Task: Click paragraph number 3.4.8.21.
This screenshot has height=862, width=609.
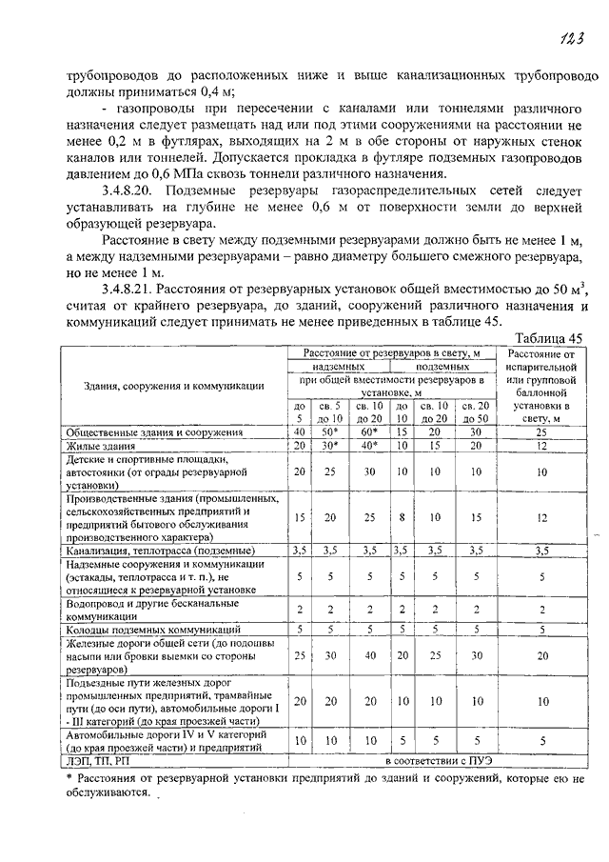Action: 130,288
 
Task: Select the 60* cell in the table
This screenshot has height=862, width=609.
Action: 367,431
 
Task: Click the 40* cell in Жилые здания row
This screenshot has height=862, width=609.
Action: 367,445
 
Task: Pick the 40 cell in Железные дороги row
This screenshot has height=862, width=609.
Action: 367,655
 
